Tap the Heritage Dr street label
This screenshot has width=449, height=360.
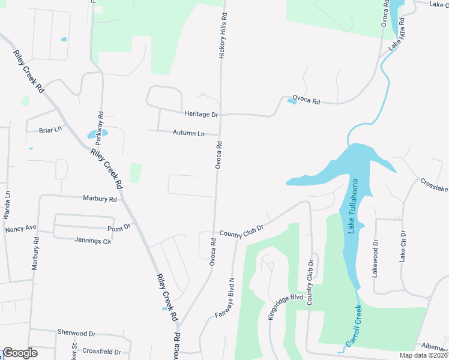pyautogui.click(x=201, y=114)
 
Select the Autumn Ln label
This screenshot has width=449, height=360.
pyautogui.click(x=188, y=133)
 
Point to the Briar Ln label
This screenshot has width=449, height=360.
pyautogui.click(x=50, y=130)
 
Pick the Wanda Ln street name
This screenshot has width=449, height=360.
pyautogui.click(x=8, y=204)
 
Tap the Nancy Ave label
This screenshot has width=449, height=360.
pyautogui.click(x=21, y=229)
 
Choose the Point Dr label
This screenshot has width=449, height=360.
pyautogui.click(x=119, y=227)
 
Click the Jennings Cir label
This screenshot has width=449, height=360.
pyautogui.click(x=93, y=241)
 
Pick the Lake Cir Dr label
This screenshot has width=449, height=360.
pyautogui.click(x=403, y=246)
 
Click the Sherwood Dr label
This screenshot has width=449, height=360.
pyautogui.click(x=76, y=332)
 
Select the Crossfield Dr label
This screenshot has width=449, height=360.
pyautogui.click(x=101, y=352)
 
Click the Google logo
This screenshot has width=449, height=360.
pyautogui.click(x=20, y=353)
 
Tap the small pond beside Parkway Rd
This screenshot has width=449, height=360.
pyautogui.click(x=97, y=134)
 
